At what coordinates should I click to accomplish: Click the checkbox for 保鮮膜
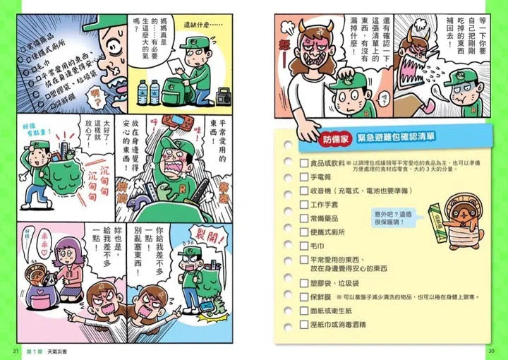[284, 297]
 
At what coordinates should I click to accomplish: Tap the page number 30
[491, 351]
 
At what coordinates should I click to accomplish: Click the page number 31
[16, 351]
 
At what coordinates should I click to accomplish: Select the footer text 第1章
[35, 351]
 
